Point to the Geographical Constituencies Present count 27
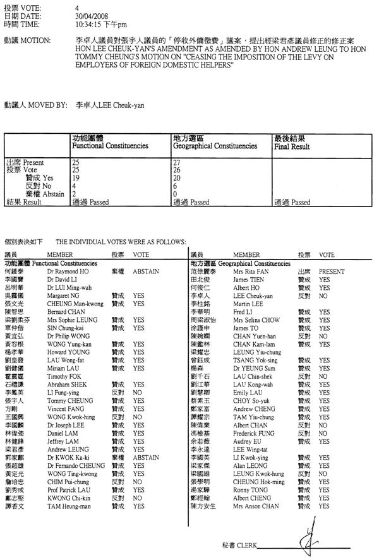[x=177, y=163]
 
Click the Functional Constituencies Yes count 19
[x=76, y=179]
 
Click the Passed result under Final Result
[x=292, y=203]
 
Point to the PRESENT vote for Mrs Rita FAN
[x=332, y=271]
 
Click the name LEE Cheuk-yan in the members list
[x=253, y=295]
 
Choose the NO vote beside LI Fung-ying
[x=138, y=391]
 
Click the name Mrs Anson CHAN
[x=255, y=506]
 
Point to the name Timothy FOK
[x=63, y=375]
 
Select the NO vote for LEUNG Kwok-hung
[x=323, y=473]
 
